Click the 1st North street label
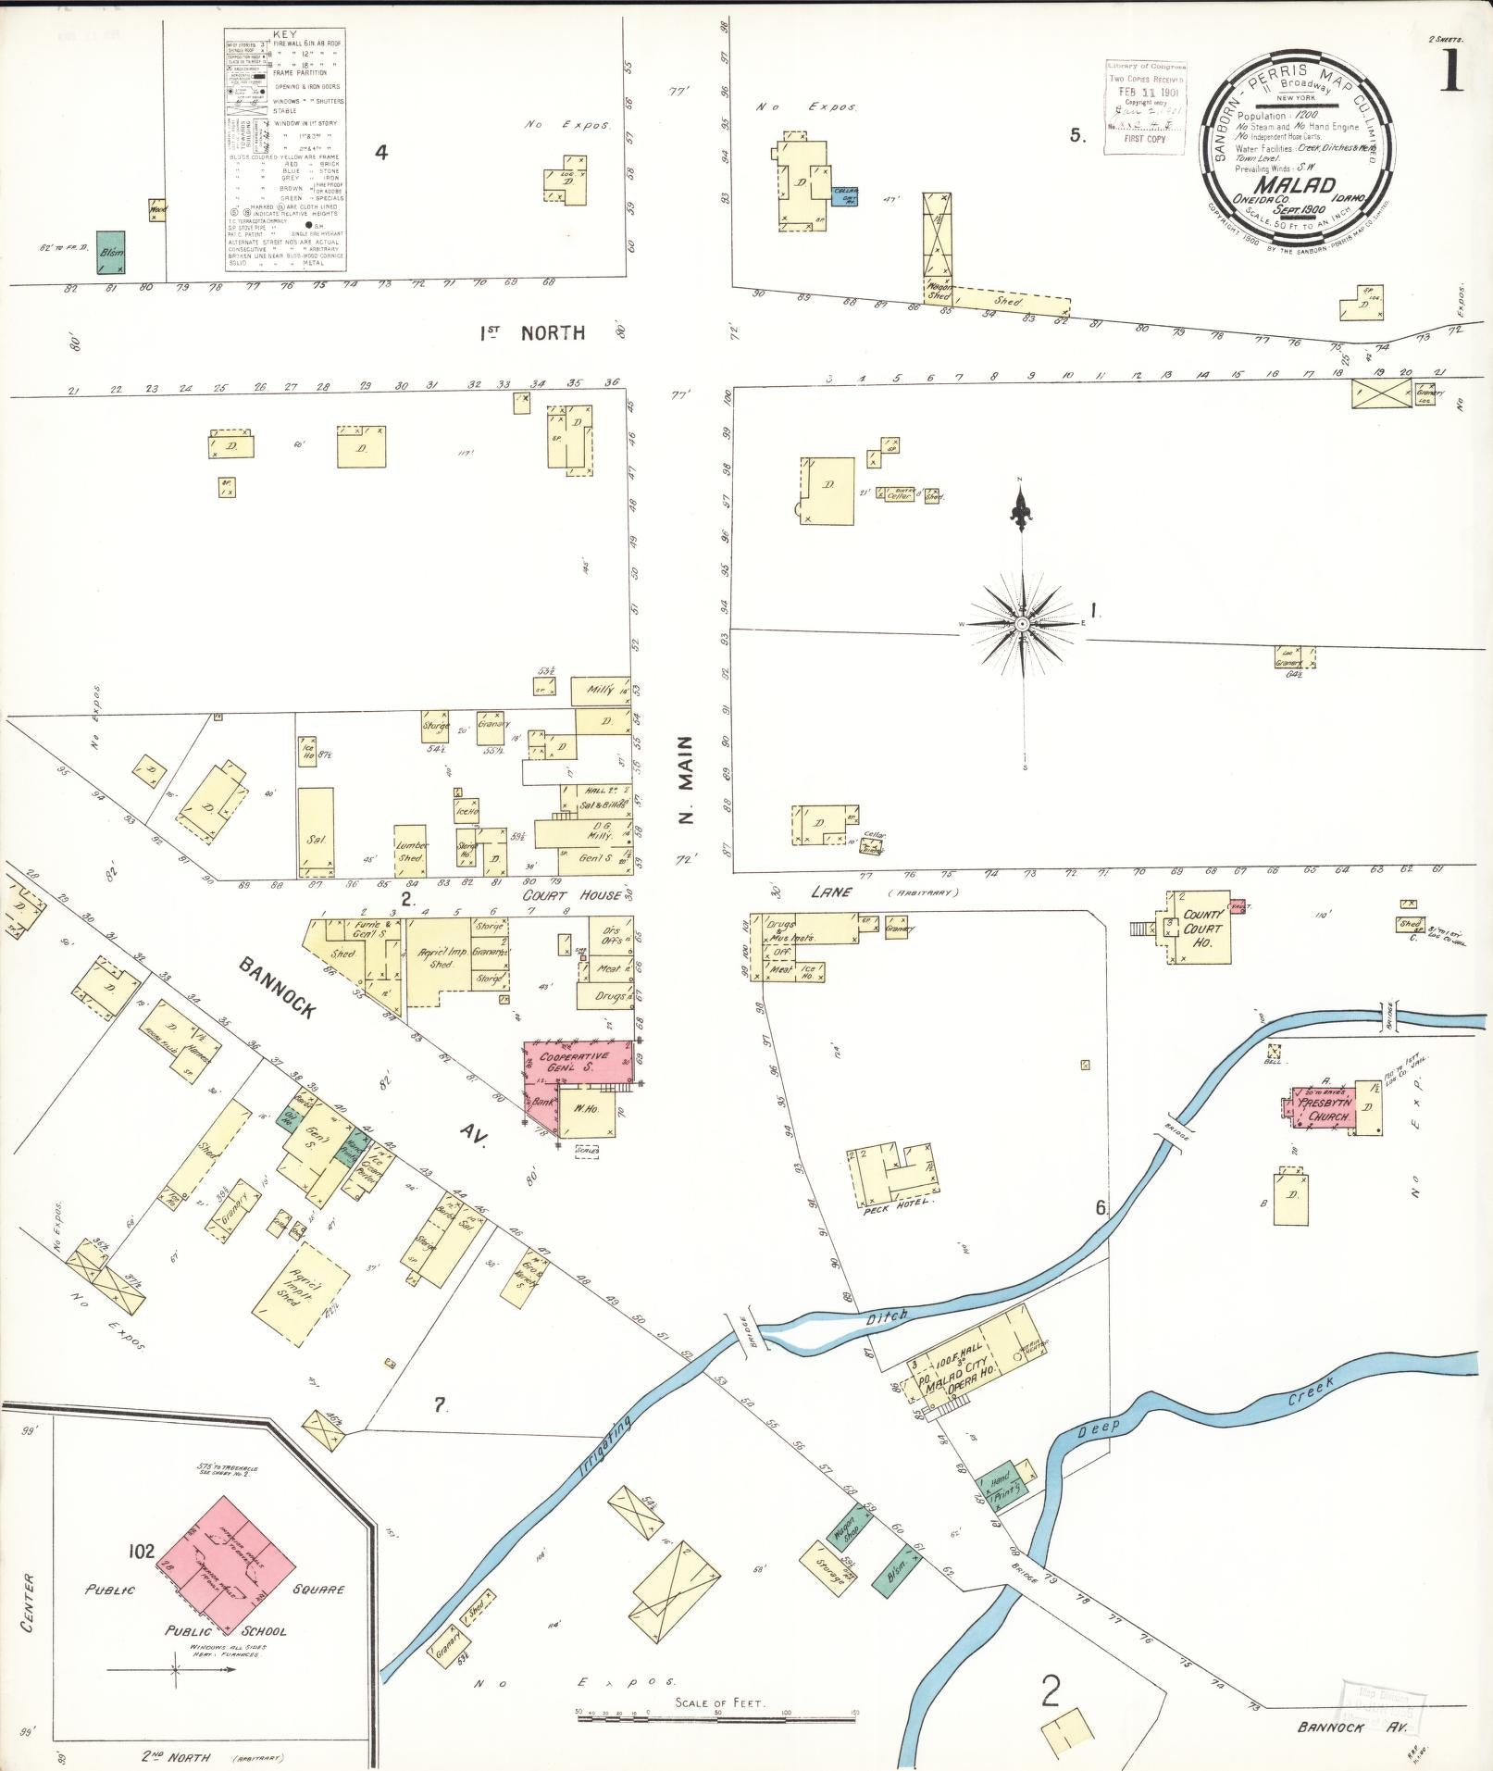click(x=532, y=332)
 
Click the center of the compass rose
click(x=1021, y=624)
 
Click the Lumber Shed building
click(x=411, y=850)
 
